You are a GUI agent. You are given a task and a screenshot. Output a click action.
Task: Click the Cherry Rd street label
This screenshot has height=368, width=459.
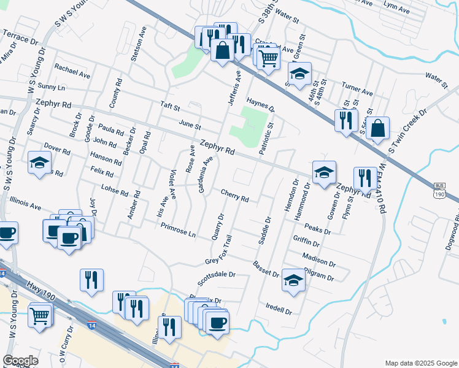coord(234,196)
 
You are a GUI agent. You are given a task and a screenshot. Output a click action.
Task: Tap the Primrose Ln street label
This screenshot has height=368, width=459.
coord(178,230)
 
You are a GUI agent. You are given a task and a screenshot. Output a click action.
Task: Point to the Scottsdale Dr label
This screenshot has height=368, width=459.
coord(217,279)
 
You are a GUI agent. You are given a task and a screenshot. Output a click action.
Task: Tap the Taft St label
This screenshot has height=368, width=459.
coord(170,107)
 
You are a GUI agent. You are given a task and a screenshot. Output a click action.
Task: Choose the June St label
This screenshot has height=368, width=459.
coord(190,125)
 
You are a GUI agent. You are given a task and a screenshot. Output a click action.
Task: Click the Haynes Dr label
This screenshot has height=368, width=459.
coord(261,105)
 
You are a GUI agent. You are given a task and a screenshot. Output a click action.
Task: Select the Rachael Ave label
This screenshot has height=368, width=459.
coord(72,71)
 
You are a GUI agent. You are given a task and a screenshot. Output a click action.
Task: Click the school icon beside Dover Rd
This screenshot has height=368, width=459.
coord(39,163)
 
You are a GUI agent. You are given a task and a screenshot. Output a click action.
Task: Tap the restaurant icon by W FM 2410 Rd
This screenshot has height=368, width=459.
coord(365,178)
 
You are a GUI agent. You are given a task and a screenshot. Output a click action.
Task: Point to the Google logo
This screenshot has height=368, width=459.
coord(21,361)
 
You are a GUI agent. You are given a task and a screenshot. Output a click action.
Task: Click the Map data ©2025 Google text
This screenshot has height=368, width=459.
coord(420,363)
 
